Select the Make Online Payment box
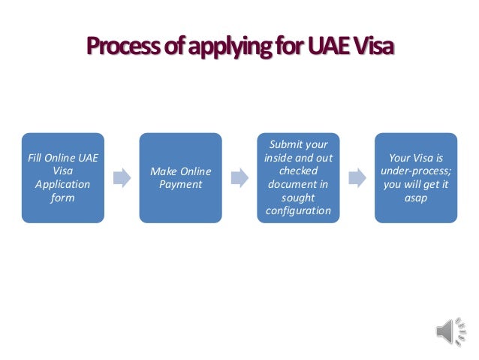coord(180,177)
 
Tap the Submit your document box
coord(298,177)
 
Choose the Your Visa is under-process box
coord(416,177)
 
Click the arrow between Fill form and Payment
coord(121,178)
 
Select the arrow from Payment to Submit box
coord(239,178)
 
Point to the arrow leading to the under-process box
coord(357,178)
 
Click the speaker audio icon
coord(447,331)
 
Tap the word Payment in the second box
coord(180,184)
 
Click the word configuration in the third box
coord(298,210)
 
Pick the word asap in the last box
coord(416,198)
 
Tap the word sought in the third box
coord(298,198)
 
